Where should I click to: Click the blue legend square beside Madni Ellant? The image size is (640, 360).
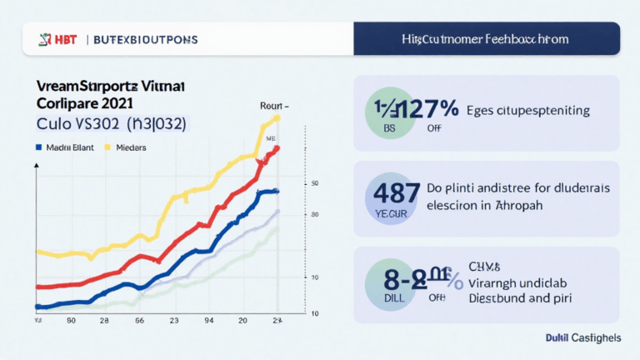[x=38, y=147]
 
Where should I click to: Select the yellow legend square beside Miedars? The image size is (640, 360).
[x=107, y=147]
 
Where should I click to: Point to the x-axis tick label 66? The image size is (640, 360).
[x=139, y=320]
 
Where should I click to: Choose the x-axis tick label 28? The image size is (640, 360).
[x=105, y=320]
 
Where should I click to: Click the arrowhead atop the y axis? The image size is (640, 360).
[x=36, y=167]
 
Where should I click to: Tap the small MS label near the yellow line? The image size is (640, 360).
[x=270, y=139]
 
